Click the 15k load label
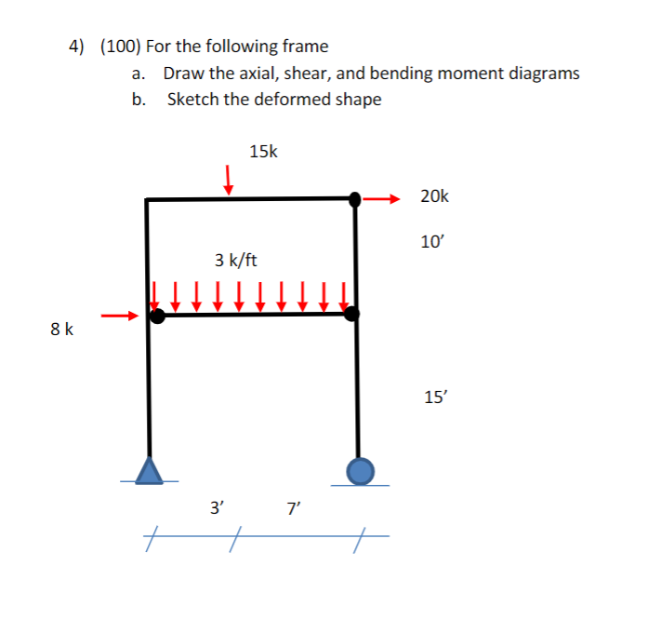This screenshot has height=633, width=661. coord(263,151)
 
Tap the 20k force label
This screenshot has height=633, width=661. coord(434,195)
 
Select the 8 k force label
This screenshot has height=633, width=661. coord(63,329)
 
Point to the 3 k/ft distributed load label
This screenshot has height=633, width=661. coord(235,259)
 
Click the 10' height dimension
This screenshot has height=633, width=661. coord(433,242)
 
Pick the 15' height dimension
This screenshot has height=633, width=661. coord(434,397)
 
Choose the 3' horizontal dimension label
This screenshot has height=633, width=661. coord(217,508)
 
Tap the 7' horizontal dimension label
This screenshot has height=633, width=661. coord(294,508)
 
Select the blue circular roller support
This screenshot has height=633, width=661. coord(361,471)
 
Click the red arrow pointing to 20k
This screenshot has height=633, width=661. coord(381,197)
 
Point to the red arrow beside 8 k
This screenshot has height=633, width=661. coord(120,316)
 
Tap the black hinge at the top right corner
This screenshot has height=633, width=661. coord(355,198)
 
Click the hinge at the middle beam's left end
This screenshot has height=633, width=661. coord(158,316)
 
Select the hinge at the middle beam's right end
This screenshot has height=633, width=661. coord(350,315)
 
